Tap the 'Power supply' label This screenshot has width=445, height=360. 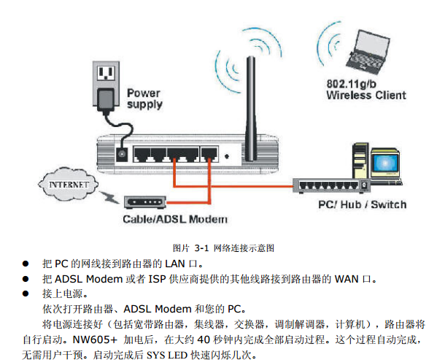(144, 99)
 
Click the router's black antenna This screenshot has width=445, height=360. (250, 102)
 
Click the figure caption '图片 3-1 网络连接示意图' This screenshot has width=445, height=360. (222, 248)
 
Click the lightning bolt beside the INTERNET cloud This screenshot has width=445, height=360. (111, 196)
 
